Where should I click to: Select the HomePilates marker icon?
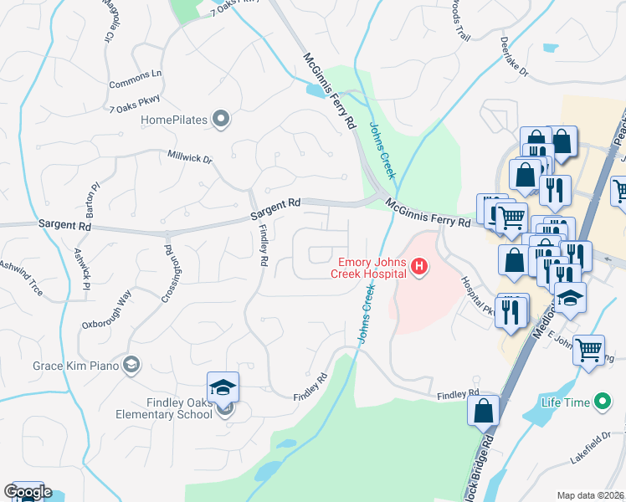[221, 120]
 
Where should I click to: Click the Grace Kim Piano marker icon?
[131, 365]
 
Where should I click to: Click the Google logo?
[28, 492]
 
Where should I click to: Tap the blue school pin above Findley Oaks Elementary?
[223, 387]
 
